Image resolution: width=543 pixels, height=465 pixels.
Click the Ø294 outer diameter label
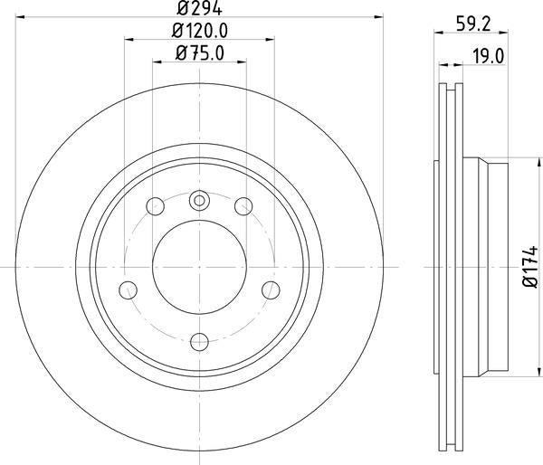[x=199, y=8]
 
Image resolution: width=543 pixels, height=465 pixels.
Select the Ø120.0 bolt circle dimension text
[x=199, y=30]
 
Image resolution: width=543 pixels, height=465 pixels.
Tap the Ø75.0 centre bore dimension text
[x=199, y=52]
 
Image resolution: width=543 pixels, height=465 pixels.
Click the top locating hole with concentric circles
[x=199, y=201]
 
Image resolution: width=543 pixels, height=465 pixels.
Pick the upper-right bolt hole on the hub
[x=243, y=207]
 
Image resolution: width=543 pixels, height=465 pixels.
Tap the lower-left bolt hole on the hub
[x=129, y=289]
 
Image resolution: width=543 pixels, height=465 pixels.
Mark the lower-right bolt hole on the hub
[x=270, y=289]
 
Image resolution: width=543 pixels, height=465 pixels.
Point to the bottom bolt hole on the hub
[x=199, y=341]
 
